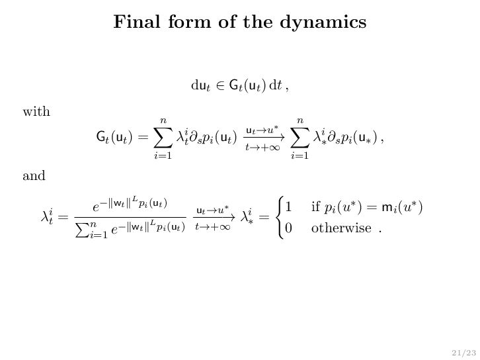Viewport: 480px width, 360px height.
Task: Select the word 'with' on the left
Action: tap(36, 111)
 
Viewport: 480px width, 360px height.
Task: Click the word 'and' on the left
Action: tap(34, 176)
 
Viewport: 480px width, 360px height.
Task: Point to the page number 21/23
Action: tap(457, 351)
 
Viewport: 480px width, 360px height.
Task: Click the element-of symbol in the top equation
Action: tap(220, 85)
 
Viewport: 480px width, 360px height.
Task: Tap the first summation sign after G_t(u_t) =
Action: tap(163, 138)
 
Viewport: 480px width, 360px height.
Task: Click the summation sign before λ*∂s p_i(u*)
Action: tap(300, 138)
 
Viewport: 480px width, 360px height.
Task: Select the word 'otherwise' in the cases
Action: tap(341, 228)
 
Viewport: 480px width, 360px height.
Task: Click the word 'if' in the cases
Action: tap(315, 207)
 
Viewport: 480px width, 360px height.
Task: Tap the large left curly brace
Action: tap(276, 217)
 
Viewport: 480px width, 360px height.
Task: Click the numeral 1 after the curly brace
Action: tap(288, 207)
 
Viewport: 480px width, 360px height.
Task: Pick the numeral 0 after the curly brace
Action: tap(288, 228)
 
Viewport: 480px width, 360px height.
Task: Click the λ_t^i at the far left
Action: tap(50, 216)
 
